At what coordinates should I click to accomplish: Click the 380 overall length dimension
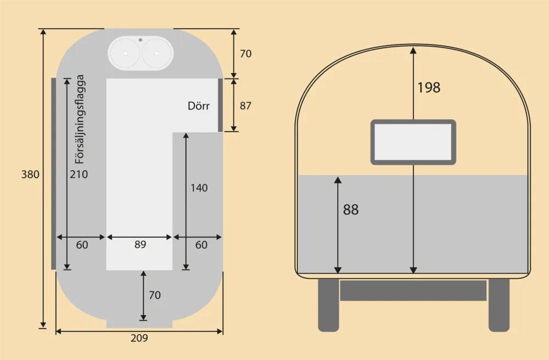(30, 174)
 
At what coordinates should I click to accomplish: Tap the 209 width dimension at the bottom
(139, 338)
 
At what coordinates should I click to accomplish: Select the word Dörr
(199, 106)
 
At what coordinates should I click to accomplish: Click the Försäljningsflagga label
(80, 119)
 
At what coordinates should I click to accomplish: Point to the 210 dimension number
(79, 174)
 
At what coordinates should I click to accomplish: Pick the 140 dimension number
(199, 188)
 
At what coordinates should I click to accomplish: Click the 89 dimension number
(140, 244)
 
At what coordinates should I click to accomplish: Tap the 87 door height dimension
(245, 106)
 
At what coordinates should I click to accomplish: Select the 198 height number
(429, 87)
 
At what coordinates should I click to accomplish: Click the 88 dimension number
(351, 210)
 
